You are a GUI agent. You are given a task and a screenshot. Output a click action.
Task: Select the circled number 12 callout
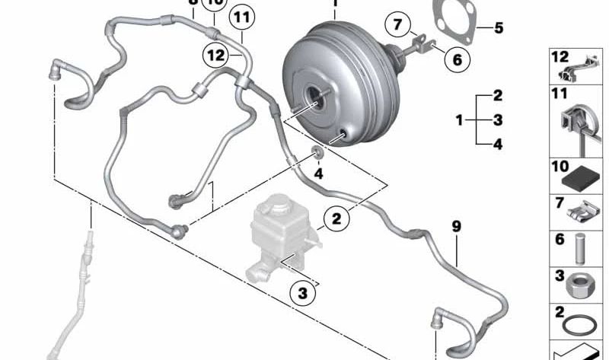point(215,54)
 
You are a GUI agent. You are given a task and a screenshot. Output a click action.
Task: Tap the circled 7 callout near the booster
point(397,24)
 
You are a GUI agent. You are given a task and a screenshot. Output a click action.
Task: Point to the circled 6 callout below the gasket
point(456,57)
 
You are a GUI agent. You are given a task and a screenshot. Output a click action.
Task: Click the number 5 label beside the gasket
point(499,28)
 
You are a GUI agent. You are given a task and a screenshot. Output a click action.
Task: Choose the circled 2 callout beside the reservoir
point(336,221)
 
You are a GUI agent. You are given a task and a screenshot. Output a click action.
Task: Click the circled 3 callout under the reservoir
point(302,292)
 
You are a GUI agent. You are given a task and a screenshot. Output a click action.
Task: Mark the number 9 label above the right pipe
point(456,226)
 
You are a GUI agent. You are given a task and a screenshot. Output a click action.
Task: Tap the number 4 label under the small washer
point(319,174)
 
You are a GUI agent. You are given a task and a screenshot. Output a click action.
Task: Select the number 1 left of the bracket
point(459,119)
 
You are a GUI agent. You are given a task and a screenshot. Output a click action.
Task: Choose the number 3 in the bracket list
point(498,119)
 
